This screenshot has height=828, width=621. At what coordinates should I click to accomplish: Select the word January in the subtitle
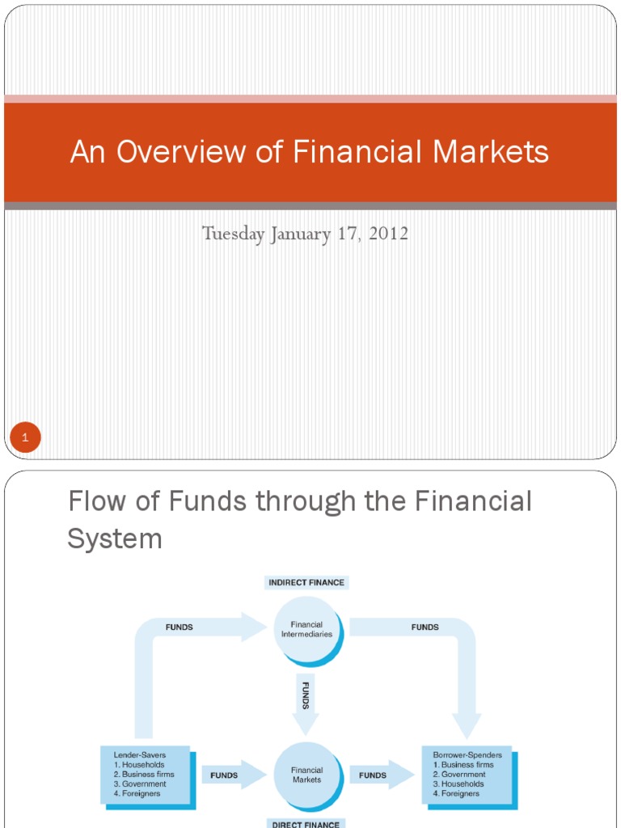[300, 234]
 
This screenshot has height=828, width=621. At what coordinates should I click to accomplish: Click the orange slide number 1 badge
[25, 438]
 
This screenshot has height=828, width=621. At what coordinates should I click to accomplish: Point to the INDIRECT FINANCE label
[307, 582]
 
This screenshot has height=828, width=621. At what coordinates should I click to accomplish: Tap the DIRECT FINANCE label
[307, 823]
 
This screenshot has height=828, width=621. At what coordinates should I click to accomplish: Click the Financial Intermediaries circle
[306, 629]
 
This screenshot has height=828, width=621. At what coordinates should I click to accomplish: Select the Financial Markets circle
[306, 775]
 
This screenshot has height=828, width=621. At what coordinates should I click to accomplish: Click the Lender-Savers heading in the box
[140, 755]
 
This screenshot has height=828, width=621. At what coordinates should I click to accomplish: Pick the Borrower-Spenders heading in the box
[463, 755]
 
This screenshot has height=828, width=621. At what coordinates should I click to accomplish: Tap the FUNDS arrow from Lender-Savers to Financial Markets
[230, 775]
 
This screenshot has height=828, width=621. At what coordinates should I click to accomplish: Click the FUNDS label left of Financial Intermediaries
[179, 627]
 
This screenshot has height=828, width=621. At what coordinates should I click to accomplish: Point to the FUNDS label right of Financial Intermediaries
[425, 627]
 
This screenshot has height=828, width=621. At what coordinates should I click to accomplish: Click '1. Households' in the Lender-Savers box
[138, 765]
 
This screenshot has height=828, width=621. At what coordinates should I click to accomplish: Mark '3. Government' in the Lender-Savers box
[140, 784]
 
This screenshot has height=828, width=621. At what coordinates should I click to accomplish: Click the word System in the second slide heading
[115, 539]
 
